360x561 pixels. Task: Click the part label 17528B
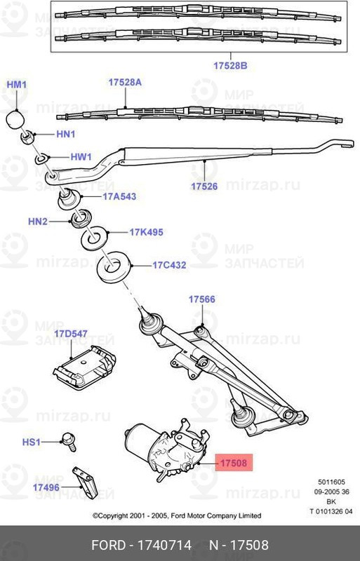click(231, 65)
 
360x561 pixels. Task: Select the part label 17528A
click(125, 82)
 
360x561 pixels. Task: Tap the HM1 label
click(16, 85)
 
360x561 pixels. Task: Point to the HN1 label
click(65, 133)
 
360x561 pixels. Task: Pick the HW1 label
click(80, 157)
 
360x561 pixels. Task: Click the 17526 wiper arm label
click(204, 186)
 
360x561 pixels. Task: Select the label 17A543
click(119, 196)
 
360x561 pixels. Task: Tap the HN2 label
click(38, 222)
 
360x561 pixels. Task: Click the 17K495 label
click(146, 232)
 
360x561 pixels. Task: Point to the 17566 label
click(201, 299)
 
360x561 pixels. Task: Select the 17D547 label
click(71, 333)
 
